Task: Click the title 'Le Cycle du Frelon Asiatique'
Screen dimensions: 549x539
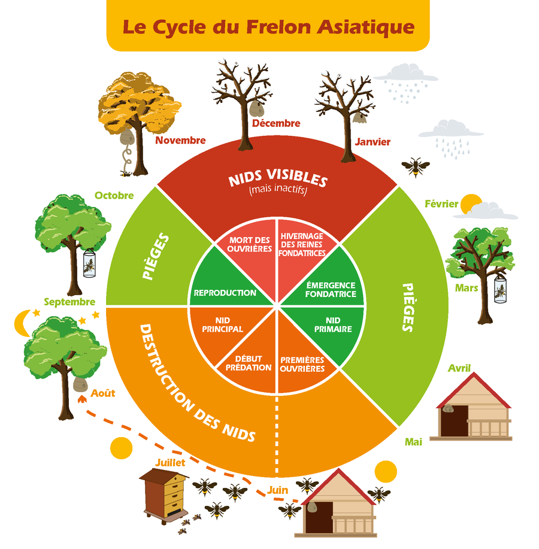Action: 268,27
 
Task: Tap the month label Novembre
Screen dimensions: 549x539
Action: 180,141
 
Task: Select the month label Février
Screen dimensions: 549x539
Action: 441,204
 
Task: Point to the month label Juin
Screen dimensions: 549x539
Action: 277,490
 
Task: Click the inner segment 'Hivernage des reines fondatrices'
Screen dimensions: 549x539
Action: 302,244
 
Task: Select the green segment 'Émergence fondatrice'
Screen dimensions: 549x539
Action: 331,289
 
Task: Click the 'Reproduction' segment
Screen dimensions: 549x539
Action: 225,293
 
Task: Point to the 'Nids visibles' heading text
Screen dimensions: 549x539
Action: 277,180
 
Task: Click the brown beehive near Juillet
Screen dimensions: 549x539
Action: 165,493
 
